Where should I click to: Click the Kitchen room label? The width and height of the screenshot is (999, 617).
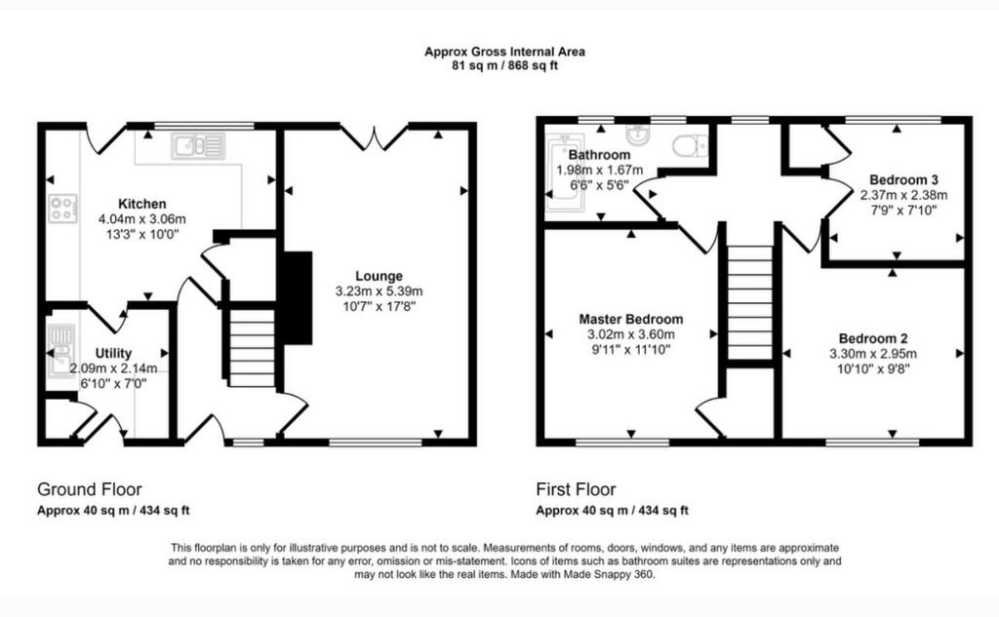pyautogui.click(x=142, y=204)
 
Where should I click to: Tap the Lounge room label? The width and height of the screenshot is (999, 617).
pyautogui.click(x=380, y=276)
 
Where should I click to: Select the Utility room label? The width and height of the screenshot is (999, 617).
pyautogui.click(x=113, y=353)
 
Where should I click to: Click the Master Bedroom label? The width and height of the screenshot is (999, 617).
pyautogui.click(x=631, y=319)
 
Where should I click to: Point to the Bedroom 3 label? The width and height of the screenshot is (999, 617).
pyautogui.click(x=903, y=179)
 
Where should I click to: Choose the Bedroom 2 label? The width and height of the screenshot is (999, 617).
pyautogui.click(x=873, y=338)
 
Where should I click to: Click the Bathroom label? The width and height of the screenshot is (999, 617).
pyautogui.click(x=600, y=155)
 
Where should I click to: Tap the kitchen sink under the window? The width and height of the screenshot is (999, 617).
pyautogui.click(x=198, y=146)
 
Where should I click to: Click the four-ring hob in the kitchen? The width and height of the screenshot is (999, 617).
pyautogui.click(x=63, y=209)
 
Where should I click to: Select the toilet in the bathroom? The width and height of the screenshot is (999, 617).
pyautogui.click(x=690, y=145)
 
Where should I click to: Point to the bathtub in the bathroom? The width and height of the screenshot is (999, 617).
pyautogui.click(x=565, y=174)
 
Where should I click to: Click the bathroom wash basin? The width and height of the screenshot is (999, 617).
pyautogui.click(x=637, y=134)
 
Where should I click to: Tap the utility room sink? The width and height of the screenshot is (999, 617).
pyautogui.click(x=61, y=351)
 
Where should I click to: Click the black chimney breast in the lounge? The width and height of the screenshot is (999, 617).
pyautogui.click(x=298, y=298)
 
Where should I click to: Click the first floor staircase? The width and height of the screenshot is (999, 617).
pyautogui.click(x=749, y=303)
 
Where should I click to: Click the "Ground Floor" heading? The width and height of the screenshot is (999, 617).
pyautogui.click(x=89, y=489)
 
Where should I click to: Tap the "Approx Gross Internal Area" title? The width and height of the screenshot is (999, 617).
pyautogui.click(x=504, y=52)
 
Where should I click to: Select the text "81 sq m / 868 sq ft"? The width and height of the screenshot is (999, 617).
pyautogui.click(x=504, y=65)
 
